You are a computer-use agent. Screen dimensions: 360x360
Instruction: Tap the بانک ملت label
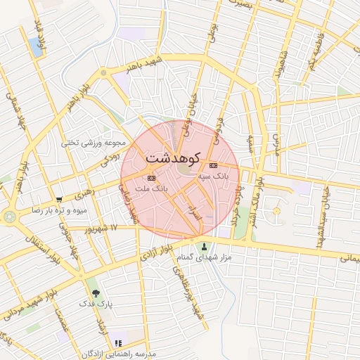pos(153,189)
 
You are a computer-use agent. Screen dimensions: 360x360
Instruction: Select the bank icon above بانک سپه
pos(213,165)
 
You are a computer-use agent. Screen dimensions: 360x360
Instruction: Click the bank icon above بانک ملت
pos(151,179)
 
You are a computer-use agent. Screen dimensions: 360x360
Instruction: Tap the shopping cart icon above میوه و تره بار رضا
pos(58,200)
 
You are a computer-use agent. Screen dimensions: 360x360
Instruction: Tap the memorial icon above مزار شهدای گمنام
pos(205,247)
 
